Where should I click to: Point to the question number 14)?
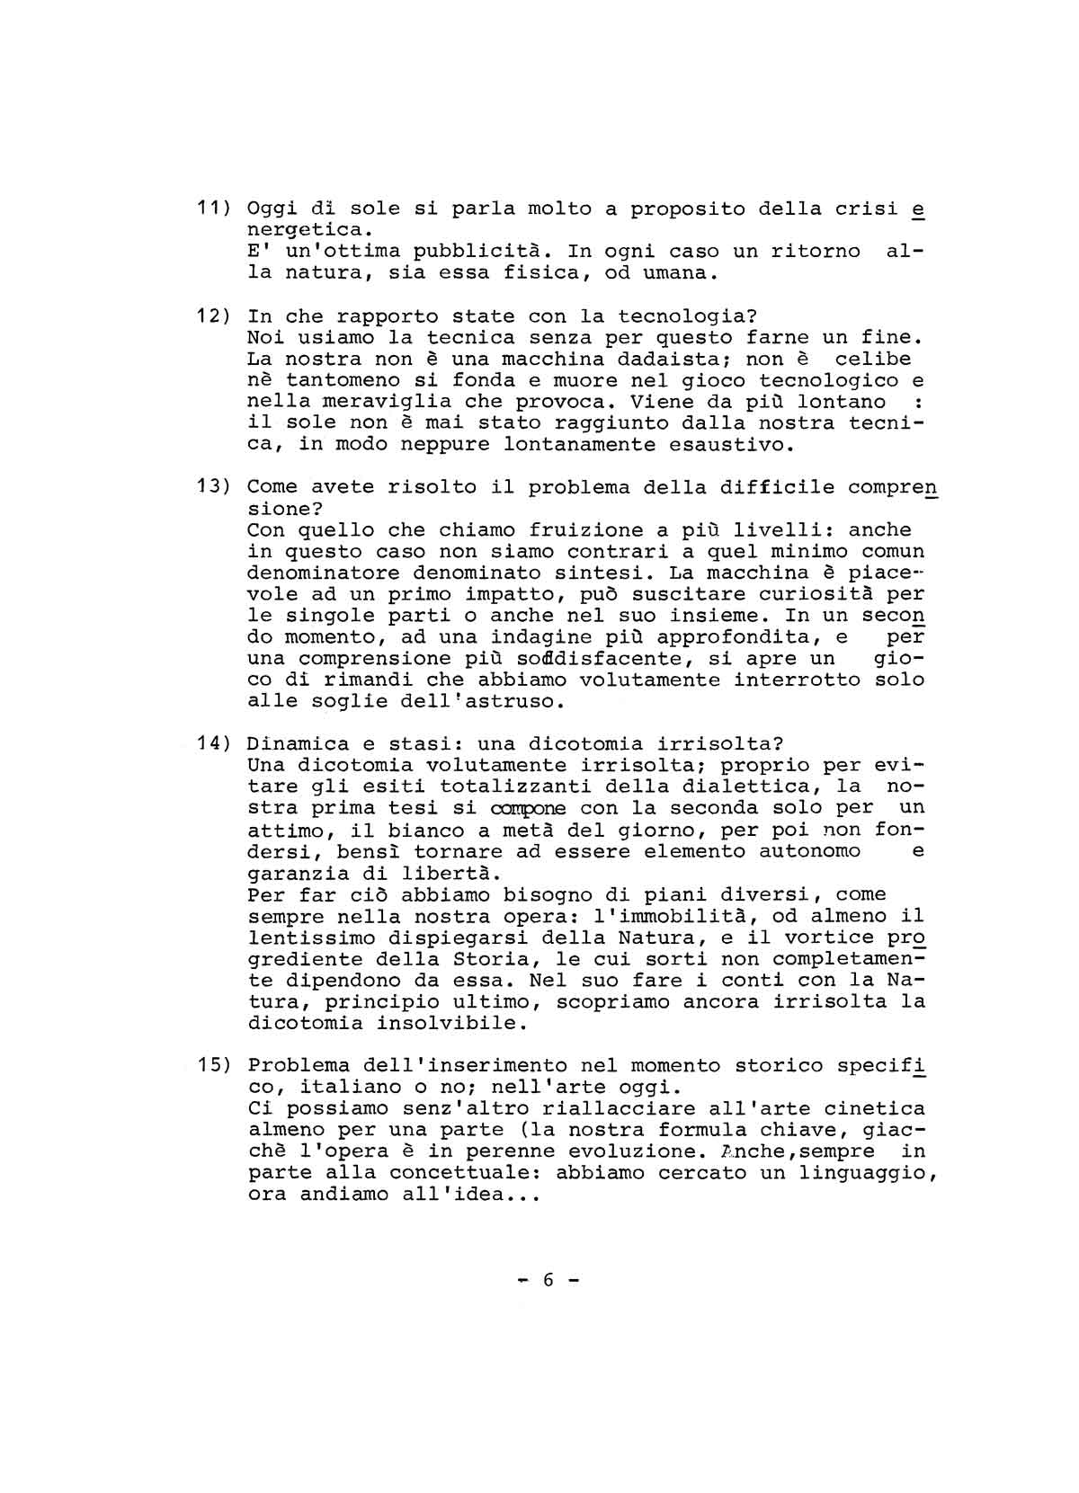pyautogui.click(x=215, y=744)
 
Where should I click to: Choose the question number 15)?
pyautogui.click(x=215, y=1066)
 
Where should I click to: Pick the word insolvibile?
pyautogui.click(x=446, y=1024)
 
